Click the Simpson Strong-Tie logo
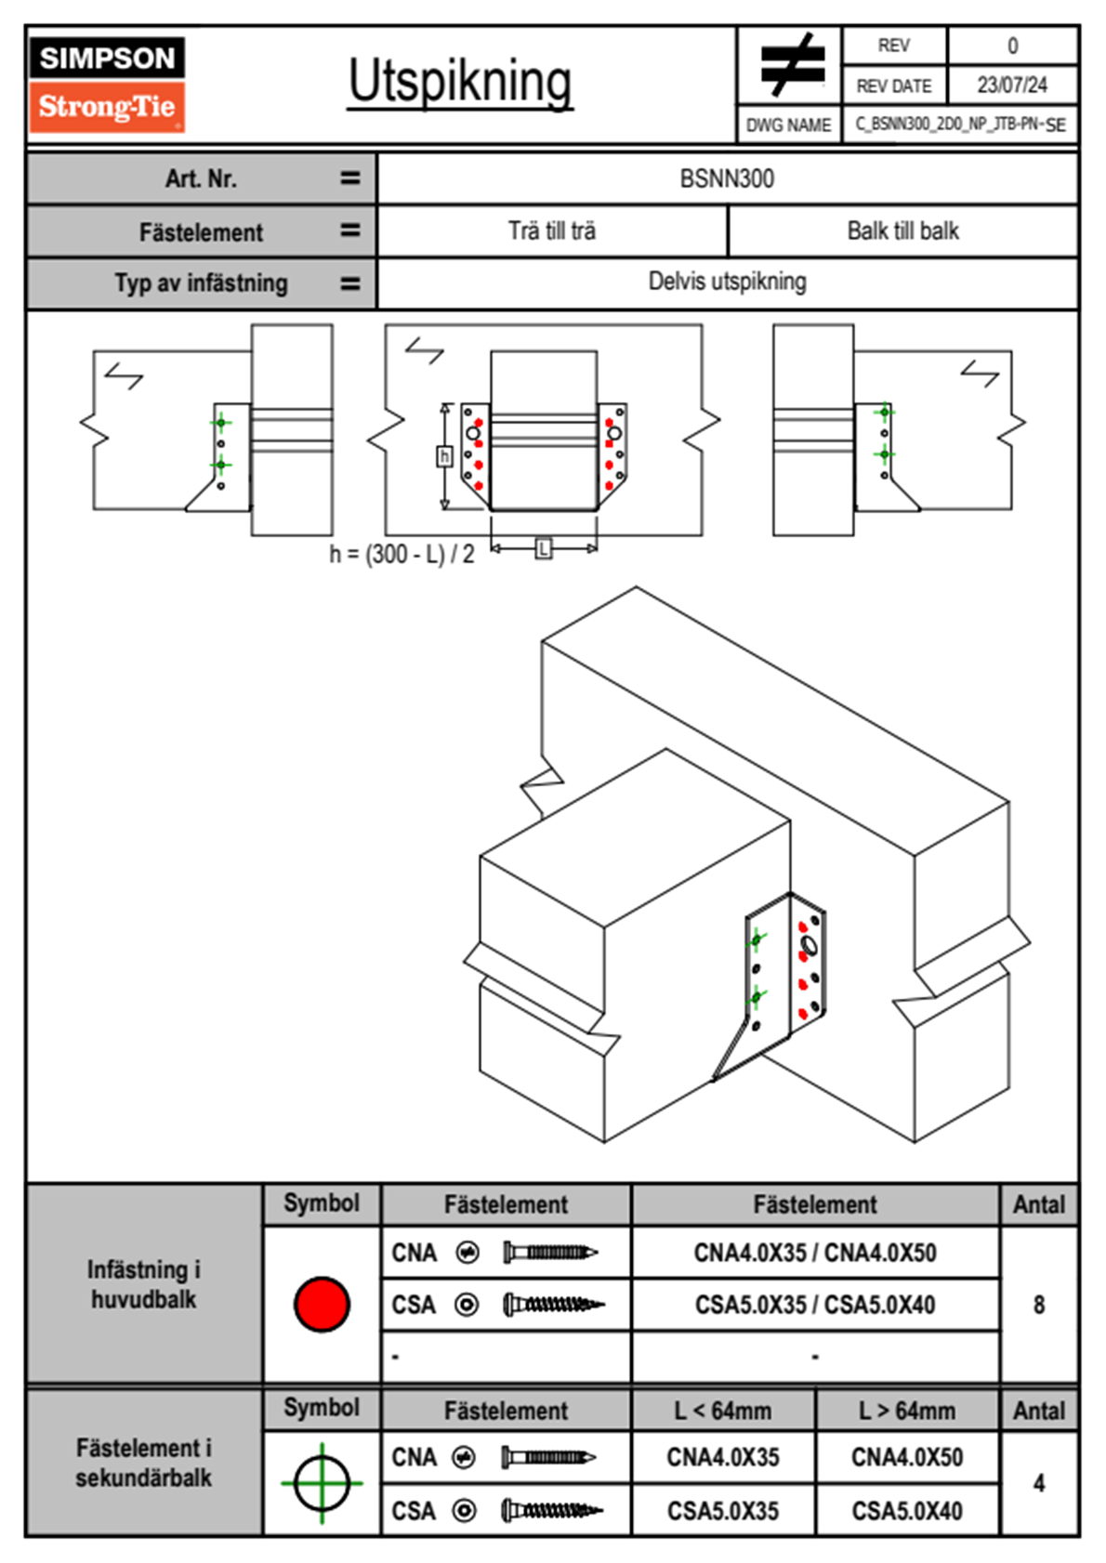[106, 84]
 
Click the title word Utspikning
[460, 82]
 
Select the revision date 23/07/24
[1011, 85]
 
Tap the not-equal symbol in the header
[791, 65]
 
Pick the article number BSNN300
[727, 178]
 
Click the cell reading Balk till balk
[902, 231]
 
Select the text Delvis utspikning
[727, 282]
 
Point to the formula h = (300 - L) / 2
[402, 555]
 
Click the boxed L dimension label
[544, 548]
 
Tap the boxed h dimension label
[444, 456]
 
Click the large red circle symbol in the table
[322, 1304]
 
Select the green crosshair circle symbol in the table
[322, 1483]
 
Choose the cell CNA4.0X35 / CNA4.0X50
[815, 1253]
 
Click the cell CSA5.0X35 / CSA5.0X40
[815, 1305]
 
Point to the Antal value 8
[1039, 1305]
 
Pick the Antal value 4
[1039, 1483]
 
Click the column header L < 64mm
[723, 1411]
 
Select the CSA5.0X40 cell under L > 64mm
[907, 1511]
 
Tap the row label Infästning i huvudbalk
[144, 1284]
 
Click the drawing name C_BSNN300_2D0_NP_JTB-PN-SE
[960, 125]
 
